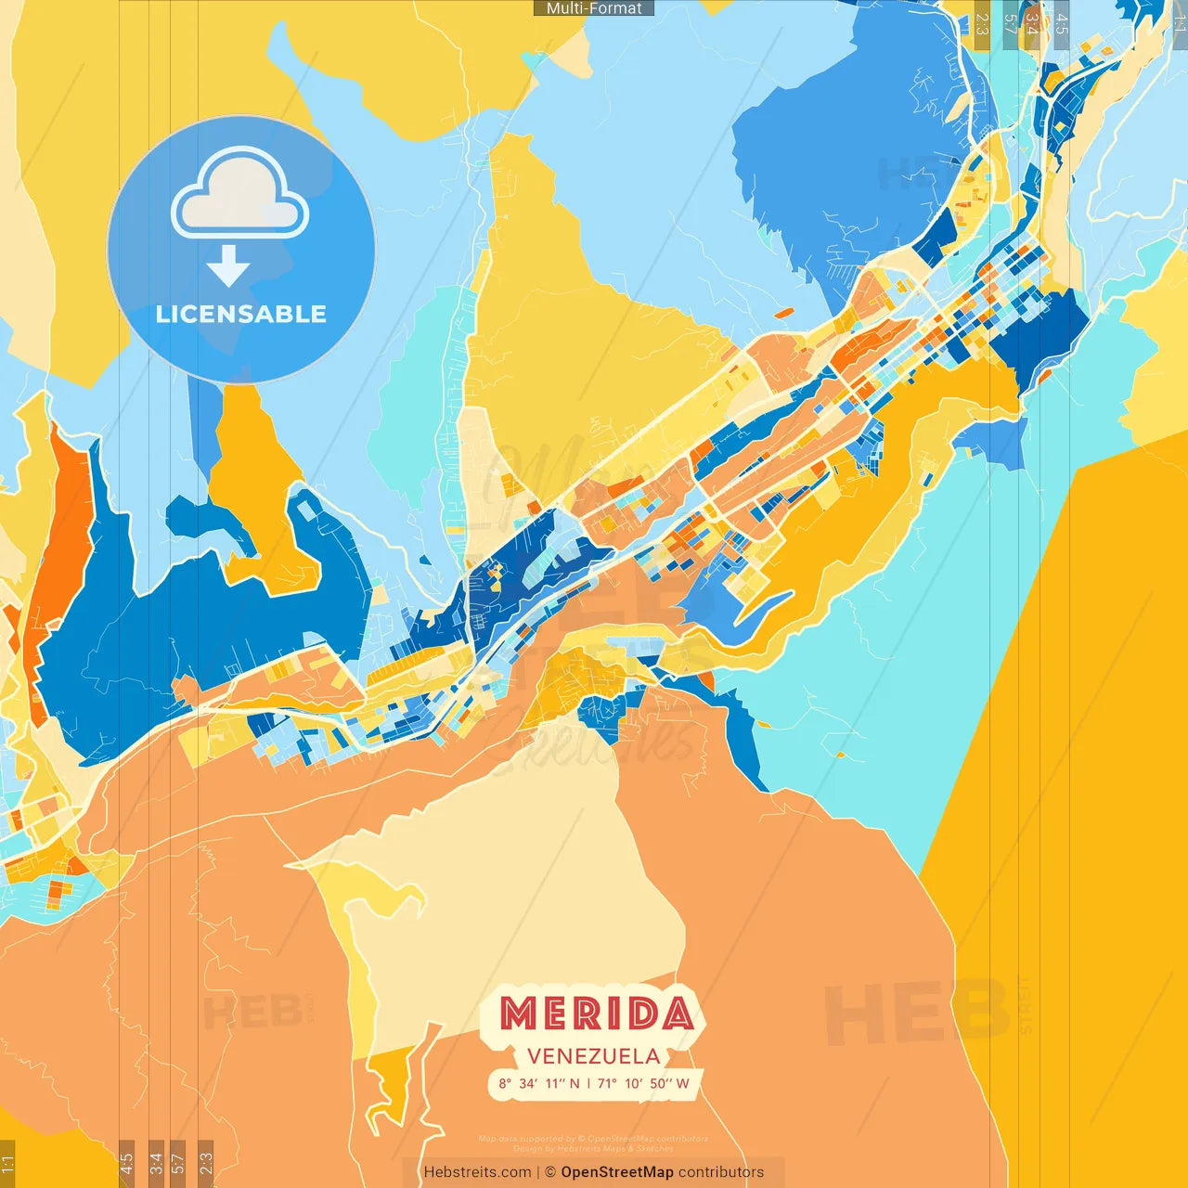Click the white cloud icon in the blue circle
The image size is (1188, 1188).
tap(240, 196)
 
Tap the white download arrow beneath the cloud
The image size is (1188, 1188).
tap(228, 266)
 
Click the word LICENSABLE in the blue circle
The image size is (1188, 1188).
tap(240, 314)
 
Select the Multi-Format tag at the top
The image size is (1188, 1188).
tap(594, 8)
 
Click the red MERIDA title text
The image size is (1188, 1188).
tap(596, 1014)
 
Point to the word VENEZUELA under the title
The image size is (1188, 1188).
tap(594, 1056)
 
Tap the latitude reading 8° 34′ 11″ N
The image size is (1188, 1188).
tap(539, 1083)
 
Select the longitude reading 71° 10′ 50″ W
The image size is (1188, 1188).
tap(643, 1083)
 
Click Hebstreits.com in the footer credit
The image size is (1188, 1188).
tap(477, 1172)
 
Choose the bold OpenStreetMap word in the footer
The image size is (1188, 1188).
tap(617, 1172)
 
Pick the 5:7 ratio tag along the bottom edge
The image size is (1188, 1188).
tap(178, 1164)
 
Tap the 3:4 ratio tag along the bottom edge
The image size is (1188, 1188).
tap(156, 1164)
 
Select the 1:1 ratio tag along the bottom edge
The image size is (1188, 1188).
tap(7, 1164)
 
